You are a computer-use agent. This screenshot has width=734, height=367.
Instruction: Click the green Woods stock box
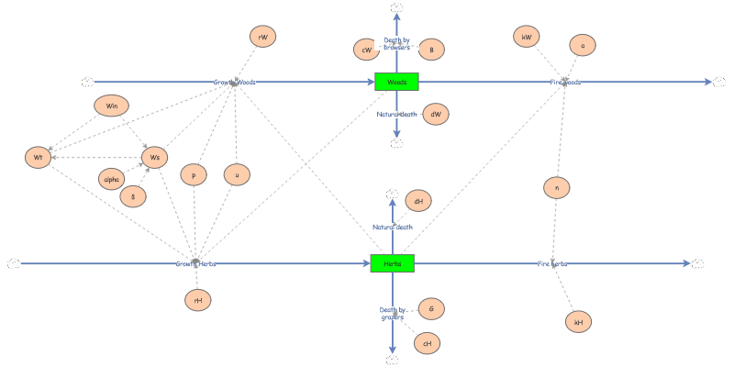point(396,82)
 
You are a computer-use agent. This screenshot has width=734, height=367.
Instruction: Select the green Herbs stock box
point(393,263)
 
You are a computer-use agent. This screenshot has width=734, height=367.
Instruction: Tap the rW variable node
point(262,37)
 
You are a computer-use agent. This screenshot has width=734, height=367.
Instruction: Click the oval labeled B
point(431,50)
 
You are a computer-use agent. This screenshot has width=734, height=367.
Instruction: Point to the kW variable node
point(527,37)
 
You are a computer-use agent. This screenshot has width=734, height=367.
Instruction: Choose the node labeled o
point(583,45)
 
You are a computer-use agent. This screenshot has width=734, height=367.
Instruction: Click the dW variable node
point(435,114)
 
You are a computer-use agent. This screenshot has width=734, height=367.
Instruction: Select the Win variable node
point(111,106)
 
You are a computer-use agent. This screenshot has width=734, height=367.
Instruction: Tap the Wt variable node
point(38,157)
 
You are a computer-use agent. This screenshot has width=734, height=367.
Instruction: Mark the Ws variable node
point(155,157)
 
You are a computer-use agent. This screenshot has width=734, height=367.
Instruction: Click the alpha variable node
point(113,180)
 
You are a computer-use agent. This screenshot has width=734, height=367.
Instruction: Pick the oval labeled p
point(194,174)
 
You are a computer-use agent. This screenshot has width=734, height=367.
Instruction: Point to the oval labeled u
point(237,174)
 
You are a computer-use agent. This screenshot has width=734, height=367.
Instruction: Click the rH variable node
point(197,299)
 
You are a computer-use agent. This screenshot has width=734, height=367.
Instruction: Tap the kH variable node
point(578,322)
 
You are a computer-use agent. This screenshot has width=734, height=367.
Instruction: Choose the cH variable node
point(427,343)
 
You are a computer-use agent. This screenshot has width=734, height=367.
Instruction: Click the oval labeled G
point(431,309)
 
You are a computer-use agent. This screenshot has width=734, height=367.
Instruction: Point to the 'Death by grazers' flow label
point(393,314)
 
